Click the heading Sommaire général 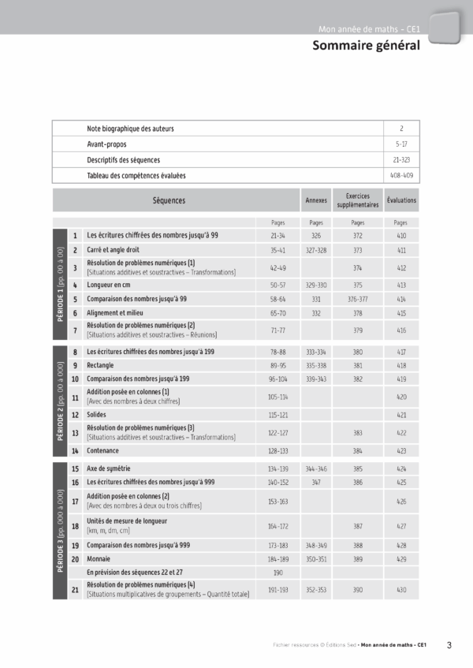[365, 46]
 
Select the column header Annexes [316, 200]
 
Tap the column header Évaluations [401, 200]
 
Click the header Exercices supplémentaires [358, 200]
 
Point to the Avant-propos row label [106, 144]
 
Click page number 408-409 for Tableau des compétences [401, 175]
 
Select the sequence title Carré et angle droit [113, 250]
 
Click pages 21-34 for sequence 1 [277, 235]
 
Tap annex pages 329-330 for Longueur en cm [316, 285]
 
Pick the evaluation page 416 [401, 330]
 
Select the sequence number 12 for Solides [75, 414]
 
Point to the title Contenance [103, 450]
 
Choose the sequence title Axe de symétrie [110, 468]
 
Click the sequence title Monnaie [100, 558]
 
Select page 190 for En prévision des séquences [277, 573]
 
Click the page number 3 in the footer [449, 645]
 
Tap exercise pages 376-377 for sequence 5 [358, 300]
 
